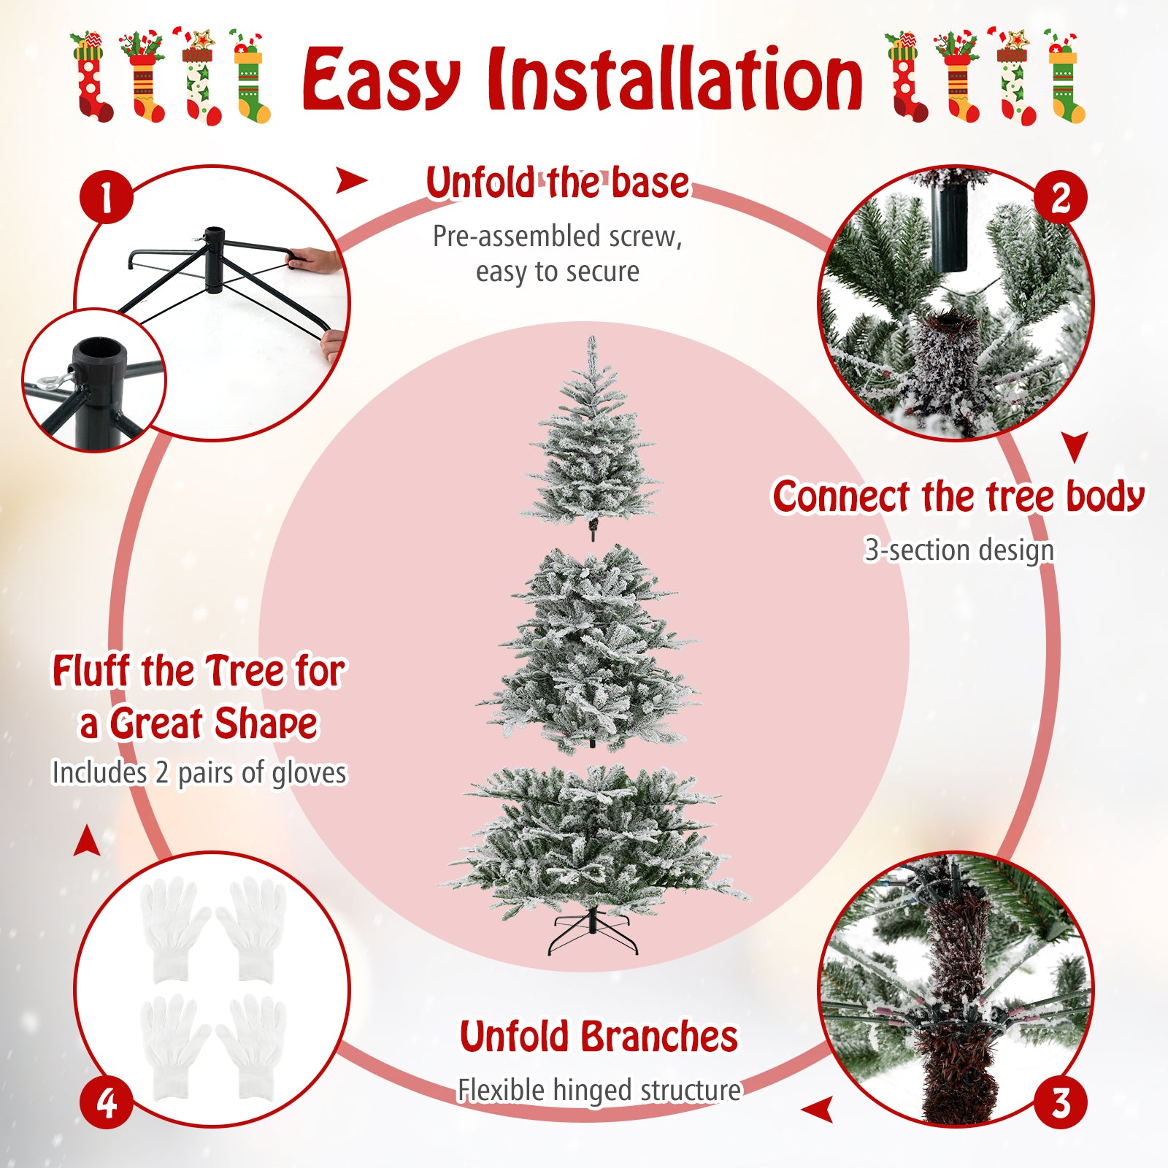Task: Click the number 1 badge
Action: point(107,197)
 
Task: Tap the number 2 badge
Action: point(1061,197)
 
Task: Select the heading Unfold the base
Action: point(558,182)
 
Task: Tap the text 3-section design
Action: point(958,550)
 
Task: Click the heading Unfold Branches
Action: point(599,1037)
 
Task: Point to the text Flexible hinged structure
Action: point(599,1090)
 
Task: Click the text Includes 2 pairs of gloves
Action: point(199,772)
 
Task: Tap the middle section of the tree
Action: point(591,650)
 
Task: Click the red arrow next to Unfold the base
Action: point(350,181)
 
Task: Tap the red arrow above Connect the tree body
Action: point(1075,445)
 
